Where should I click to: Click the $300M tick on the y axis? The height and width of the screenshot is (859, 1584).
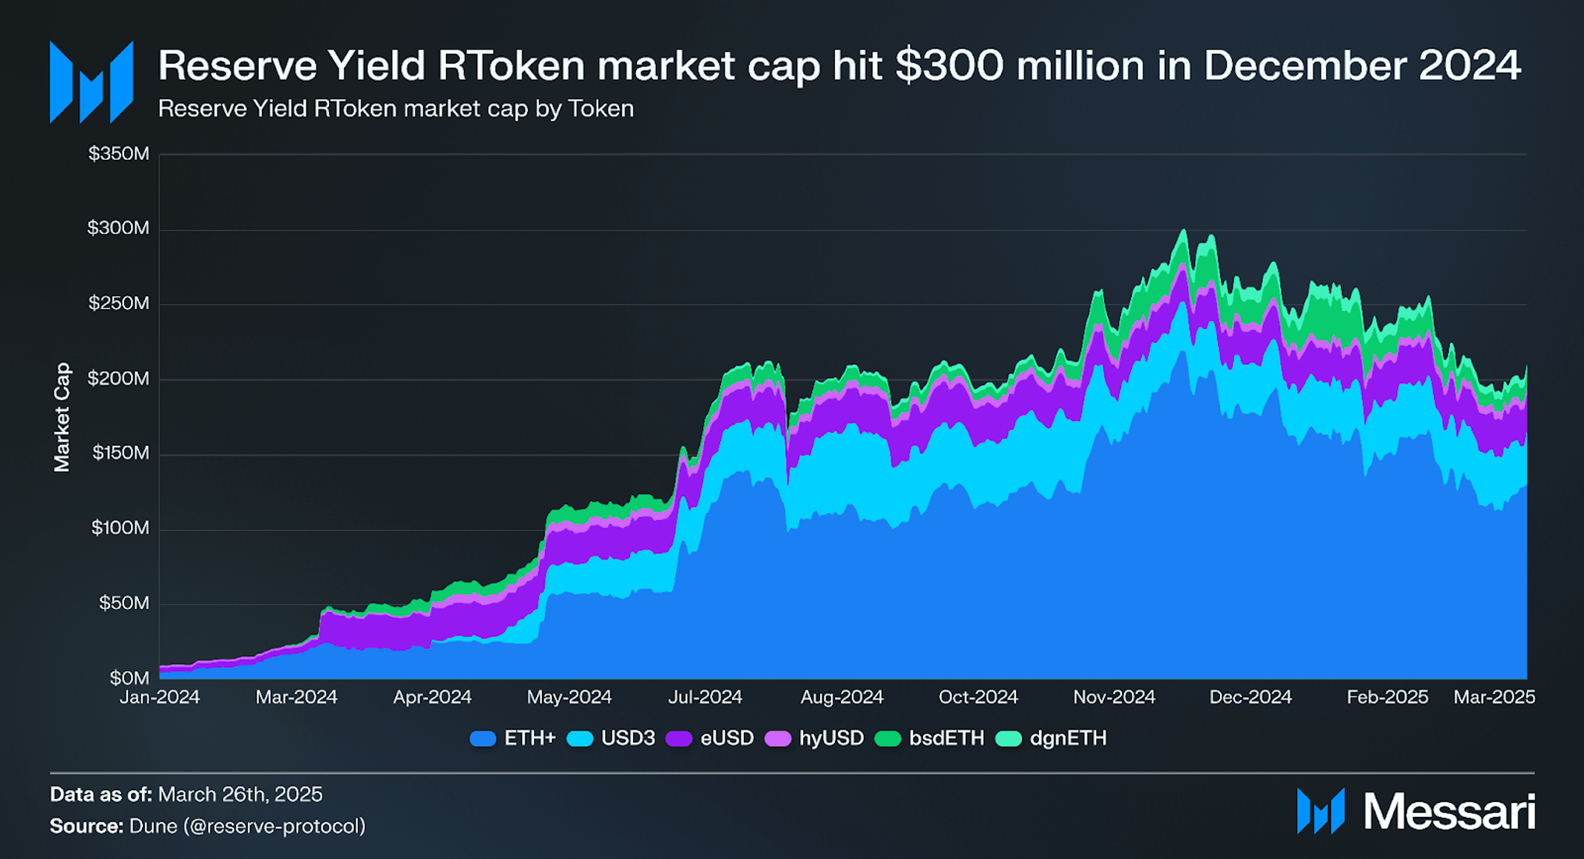pos(118,228)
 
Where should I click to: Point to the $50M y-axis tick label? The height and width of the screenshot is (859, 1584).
pos(123,603)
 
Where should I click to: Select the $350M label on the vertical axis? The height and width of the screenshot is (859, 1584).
pos(118,153)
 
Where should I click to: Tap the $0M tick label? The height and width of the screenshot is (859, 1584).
pos(129,678)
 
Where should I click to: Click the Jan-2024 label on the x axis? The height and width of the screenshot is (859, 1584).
pos(160,697)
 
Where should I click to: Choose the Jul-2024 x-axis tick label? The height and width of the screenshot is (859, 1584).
pos(705,697)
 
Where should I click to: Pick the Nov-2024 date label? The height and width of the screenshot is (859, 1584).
pos(1114,697)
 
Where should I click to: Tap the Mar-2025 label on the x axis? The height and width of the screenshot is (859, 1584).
pos(1494,697)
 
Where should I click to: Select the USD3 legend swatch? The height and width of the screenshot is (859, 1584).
pos(581,739)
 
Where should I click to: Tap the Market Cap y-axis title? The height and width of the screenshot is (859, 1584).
pos(62,417)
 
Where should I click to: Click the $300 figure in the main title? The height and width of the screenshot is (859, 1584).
pos(949,65)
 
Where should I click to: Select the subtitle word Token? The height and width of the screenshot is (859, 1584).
pos(600,109)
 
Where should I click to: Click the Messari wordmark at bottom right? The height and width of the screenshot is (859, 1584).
pos(1449,812)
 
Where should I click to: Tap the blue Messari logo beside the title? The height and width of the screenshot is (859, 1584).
pos(91,82)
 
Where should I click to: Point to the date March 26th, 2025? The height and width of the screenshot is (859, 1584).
pos(240,795)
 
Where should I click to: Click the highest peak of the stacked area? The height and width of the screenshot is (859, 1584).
pos(1183,231)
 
